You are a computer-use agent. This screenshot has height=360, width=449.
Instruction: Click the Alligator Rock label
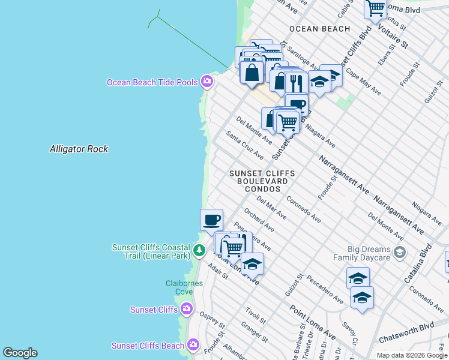pyautogui.click(x=79, y=149)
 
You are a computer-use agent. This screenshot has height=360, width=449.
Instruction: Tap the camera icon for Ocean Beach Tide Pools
pyautogui.click(x=207, y=81)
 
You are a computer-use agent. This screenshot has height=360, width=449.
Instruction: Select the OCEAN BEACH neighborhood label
pyautogui.click(x=319, y=29)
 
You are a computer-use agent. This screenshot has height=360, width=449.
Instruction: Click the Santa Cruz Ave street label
pyautogui.click(x=245, y=145)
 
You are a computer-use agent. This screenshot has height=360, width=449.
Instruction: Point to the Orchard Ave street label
pyautogui.click(x=259, y=220)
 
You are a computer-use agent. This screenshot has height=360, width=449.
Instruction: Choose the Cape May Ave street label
pyautogui.click(x=363, y=84)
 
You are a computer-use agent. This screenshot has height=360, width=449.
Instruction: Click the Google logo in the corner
pyautogui.click(x=20, y=353)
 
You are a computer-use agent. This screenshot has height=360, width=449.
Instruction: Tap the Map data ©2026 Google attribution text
pyautogui.click(x=411, y=355)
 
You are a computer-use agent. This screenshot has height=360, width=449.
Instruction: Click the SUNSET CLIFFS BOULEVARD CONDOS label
pyautogui.click(x=262, y=181)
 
